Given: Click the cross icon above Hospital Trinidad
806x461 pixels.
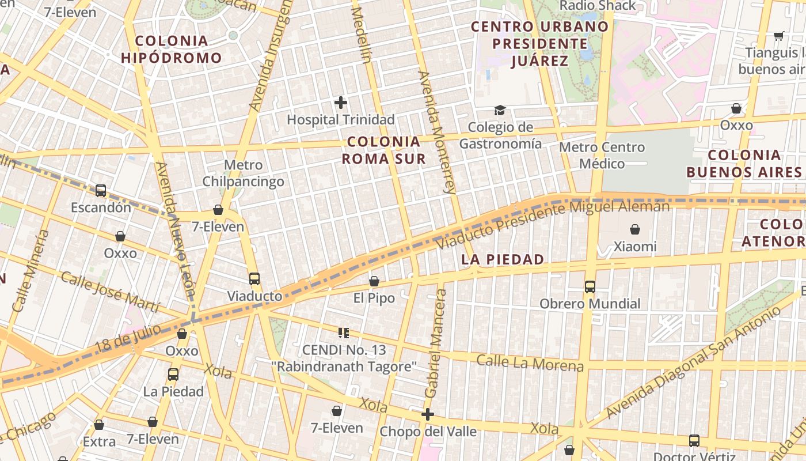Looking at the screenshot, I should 341,103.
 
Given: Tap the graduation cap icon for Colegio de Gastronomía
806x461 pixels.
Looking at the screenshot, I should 500,110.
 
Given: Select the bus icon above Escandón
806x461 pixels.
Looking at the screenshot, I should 101,190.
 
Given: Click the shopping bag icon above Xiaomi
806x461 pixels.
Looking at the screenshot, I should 635,229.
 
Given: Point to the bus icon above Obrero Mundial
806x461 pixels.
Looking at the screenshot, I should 590,286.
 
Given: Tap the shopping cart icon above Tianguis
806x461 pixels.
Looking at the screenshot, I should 778,36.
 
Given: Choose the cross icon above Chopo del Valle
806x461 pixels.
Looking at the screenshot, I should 427,414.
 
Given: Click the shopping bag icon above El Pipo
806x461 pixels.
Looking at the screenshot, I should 374,281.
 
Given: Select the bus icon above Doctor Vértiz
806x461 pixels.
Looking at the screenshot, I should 694,441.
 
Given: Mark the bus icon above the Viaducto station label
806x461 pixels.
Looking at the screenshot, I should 254,279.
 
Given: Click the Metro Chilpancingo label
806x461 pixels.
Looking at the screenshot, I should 243,173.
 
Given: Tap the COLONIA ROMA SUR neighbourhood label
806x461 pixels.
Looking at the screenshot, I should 384,150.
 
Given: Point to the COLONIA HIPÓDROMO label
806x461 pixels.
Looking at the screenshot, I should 171,49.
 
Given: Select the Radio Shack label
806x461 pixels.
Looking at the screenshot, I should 598,6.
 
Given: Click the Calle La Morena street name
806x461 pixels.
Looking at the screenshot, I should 530,363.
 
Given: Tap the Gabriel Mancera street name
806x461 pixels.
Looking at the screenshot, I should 435,343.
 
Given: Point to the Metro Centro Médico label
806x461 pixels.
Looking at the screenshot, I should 602,156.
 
